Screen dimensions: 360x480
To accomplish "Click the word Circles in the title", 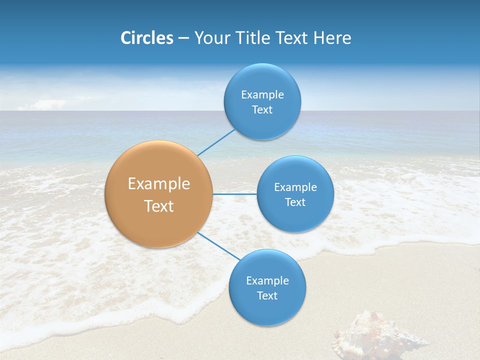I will [147, 38].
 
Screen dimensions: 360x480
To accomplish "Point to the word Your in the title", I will [212, 38].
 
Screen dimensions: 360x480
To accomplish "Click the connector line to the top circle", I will [216, 142].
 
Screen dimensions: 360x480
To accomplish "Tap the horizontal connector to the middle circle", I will [235, 194].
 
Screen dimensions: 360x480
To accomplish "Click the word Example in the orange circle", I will [159, 184].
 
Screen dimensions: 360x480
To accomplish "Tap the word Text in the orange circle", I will [159, 206].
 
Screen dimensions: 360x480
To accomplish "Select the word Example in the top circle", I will [262, 95].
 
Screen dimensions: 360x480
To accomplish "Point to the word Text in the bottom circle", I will [267, 296].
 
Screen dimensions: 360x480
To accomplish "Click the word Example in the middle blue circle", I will [295, 187].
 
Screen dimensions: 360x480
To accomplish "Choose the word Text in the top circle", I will [262, 110].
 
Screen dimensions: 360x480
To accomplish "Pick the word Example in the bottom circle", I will [267, 281].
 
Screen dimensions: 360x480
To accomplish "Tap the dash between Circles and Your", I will [183, 38].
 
